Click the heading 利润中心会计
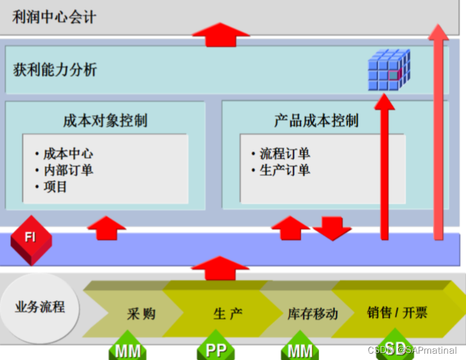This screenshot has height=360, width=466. tap(55, 16)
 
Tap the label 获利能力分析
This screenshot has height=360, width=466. tap(55, 69)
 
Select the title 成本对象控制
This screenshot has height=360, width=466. tap(105, 120)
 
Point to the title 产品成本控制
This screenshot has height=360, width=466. tap(316, 120)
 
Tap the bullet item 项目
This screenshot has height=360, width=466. tap(56, 186)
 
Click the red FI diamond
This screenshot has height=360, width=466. tap(30, 238)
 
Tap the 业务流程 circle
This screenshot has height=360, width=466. tap(40, 307)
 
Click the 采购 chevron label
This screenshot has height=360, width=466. tap(141, 313)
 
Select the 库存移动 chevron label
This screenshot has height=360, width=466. tap(313, 314)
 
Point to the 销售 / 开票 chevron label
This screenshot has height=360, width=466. tap(397, 312)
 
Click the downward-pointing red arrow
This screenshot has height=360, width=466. tap(332, 229)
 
